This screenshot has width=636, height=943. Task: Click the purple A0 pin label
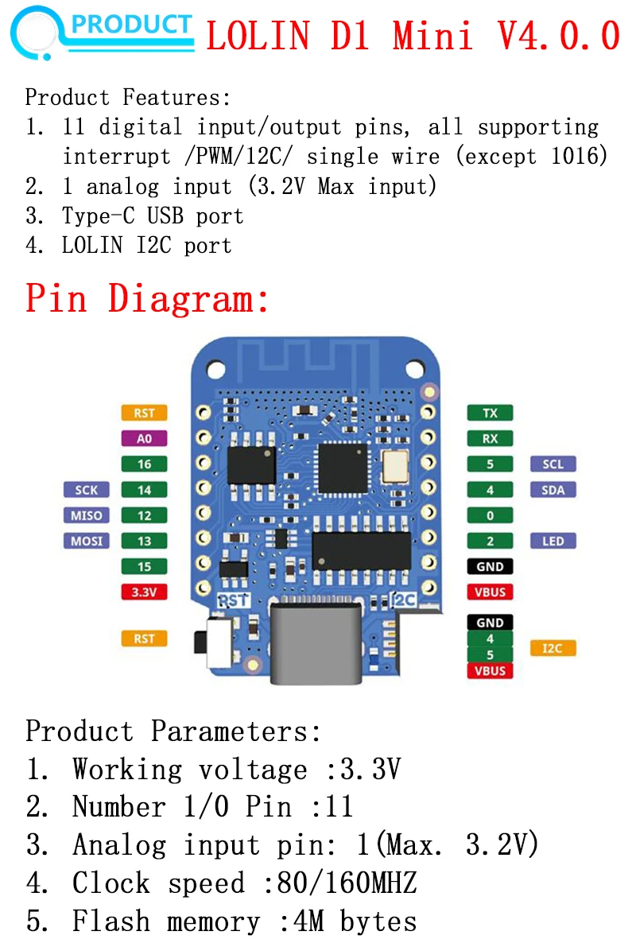coord(144,438)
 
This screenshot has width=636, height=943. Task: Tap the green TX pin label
coord(490,413)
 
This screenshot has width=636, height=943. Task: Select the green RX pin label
coord(490,438)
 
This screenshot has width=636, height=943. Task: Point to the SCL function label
coord(553,464)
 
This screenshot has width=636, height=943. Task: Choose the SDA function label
coord(553,490)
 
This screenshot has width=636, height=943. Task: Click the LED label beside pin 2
coord(553,541)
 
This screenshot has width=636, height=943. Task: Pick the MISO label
coord(87,516)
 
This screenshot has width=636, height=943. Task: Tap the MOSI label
coord(87,541)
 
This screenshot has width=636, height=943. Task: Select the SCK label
coord(87,490)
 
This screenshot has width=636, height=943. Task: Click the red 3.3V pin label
coord(144,592)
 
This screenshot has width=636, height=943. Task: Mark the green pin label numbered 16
coord(144,464)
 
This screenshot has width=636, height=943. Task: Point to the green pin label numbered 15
coord(144,567)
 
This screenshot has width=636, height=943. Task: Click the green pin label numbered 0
coord(490,516)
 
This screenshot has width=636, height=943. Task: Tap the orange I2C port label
coord(552,649)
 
